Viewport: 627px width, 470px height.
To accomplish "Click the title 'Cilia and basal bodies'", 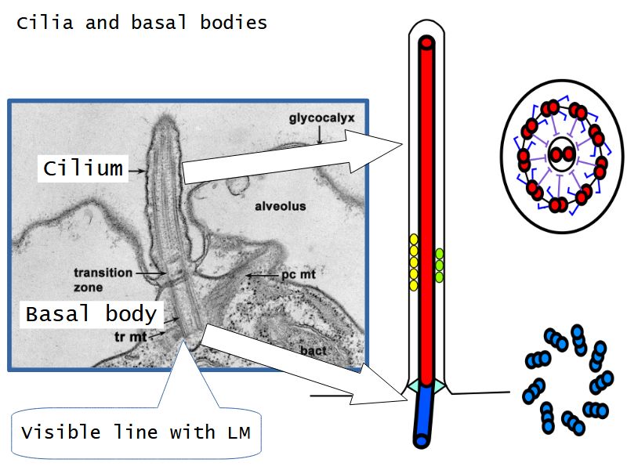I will [142, 23].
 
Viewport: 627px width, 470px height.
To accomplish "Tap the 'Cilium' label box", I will [83, 168].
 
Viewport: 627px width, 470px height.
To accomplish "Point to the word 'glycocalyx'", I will [321, 118].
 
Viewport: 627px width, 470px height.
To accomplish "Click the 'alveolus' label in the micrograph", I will [279, 207].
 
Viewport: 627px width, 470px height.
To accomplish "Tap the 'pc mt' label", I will [296, 276].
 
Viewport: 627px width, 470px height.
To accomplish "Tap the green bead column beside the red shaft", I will [439, 265].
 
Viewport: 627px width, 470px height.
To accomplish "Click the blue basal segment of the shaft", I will [423, 415].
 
